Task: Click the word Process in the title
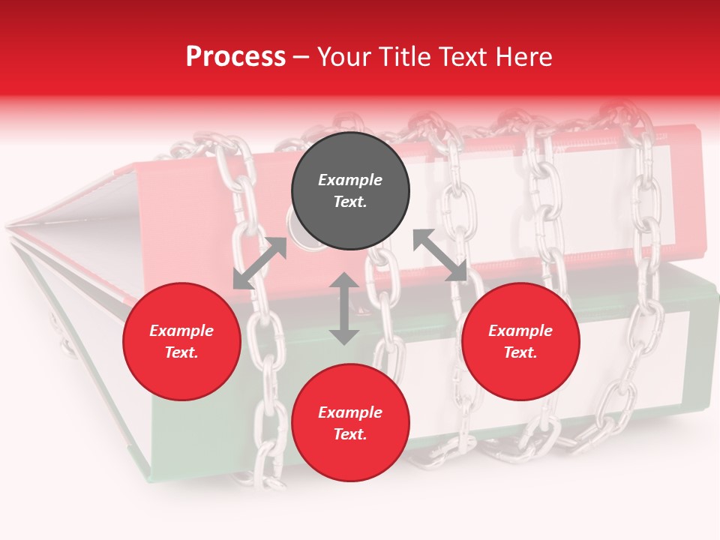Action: click(x=235, y=57)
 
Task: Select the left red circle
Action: click(x=181, y=341)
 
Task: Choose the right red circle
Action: click(x=520, y=341)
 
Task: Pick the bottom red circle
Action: click(x=350, y=423)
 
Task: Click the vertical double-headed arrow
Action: click(x=344, y=308)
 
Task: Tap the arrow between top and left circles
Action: click(x=259, y=263)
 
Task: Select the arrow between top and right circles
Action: click(x=439, y=256)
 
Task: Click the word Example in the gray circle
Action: click(x=350, y=180)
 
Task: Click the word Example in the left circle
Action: click(x=181, y=331)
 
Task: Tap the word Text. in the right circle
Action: click(x=520, y=352)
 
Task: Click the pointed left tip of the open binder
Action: click(x=9, y=225)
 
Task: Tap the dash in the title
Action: click(x=301, y=58)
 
